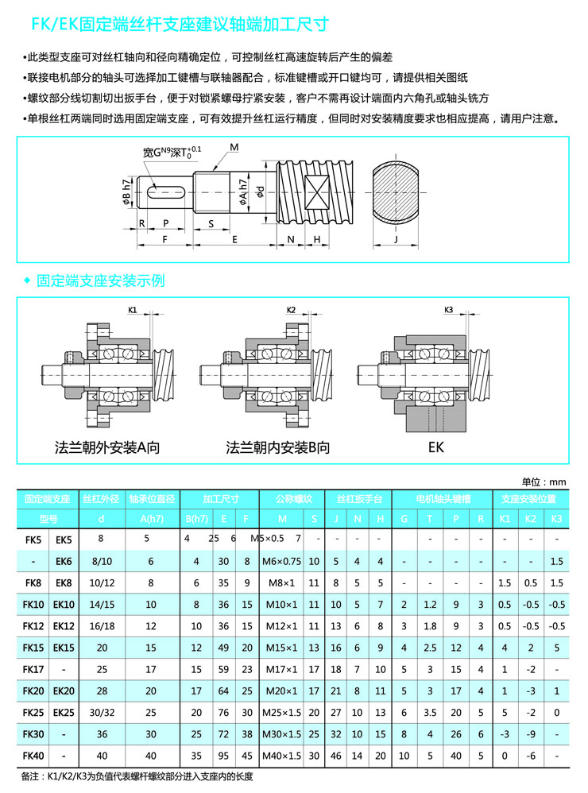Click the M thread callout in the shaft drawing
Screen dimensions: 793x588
pyautogui.click(x=234, y=148)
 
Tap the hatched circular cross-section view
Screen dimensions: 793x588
pyautogui.click(x=395, y=193)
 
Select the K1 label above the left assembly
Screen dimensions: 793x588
pyautogui.click(x=133, y=308)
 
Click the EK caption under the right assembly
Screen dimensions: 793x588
pyautogui.click(x=436, y=447)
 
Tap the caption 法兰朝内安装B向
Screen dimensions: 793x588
pyautogui.click(x=277, y=447)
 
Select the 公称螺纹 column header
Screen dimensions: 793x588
pyautogui.click(x=293, y=499)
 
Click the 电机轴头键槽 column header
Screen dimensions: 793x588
pyautogui.click(x=443, y=499)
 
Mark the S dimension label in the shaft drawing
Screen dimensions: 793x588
pyautogui.click(x=211, y=224)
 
